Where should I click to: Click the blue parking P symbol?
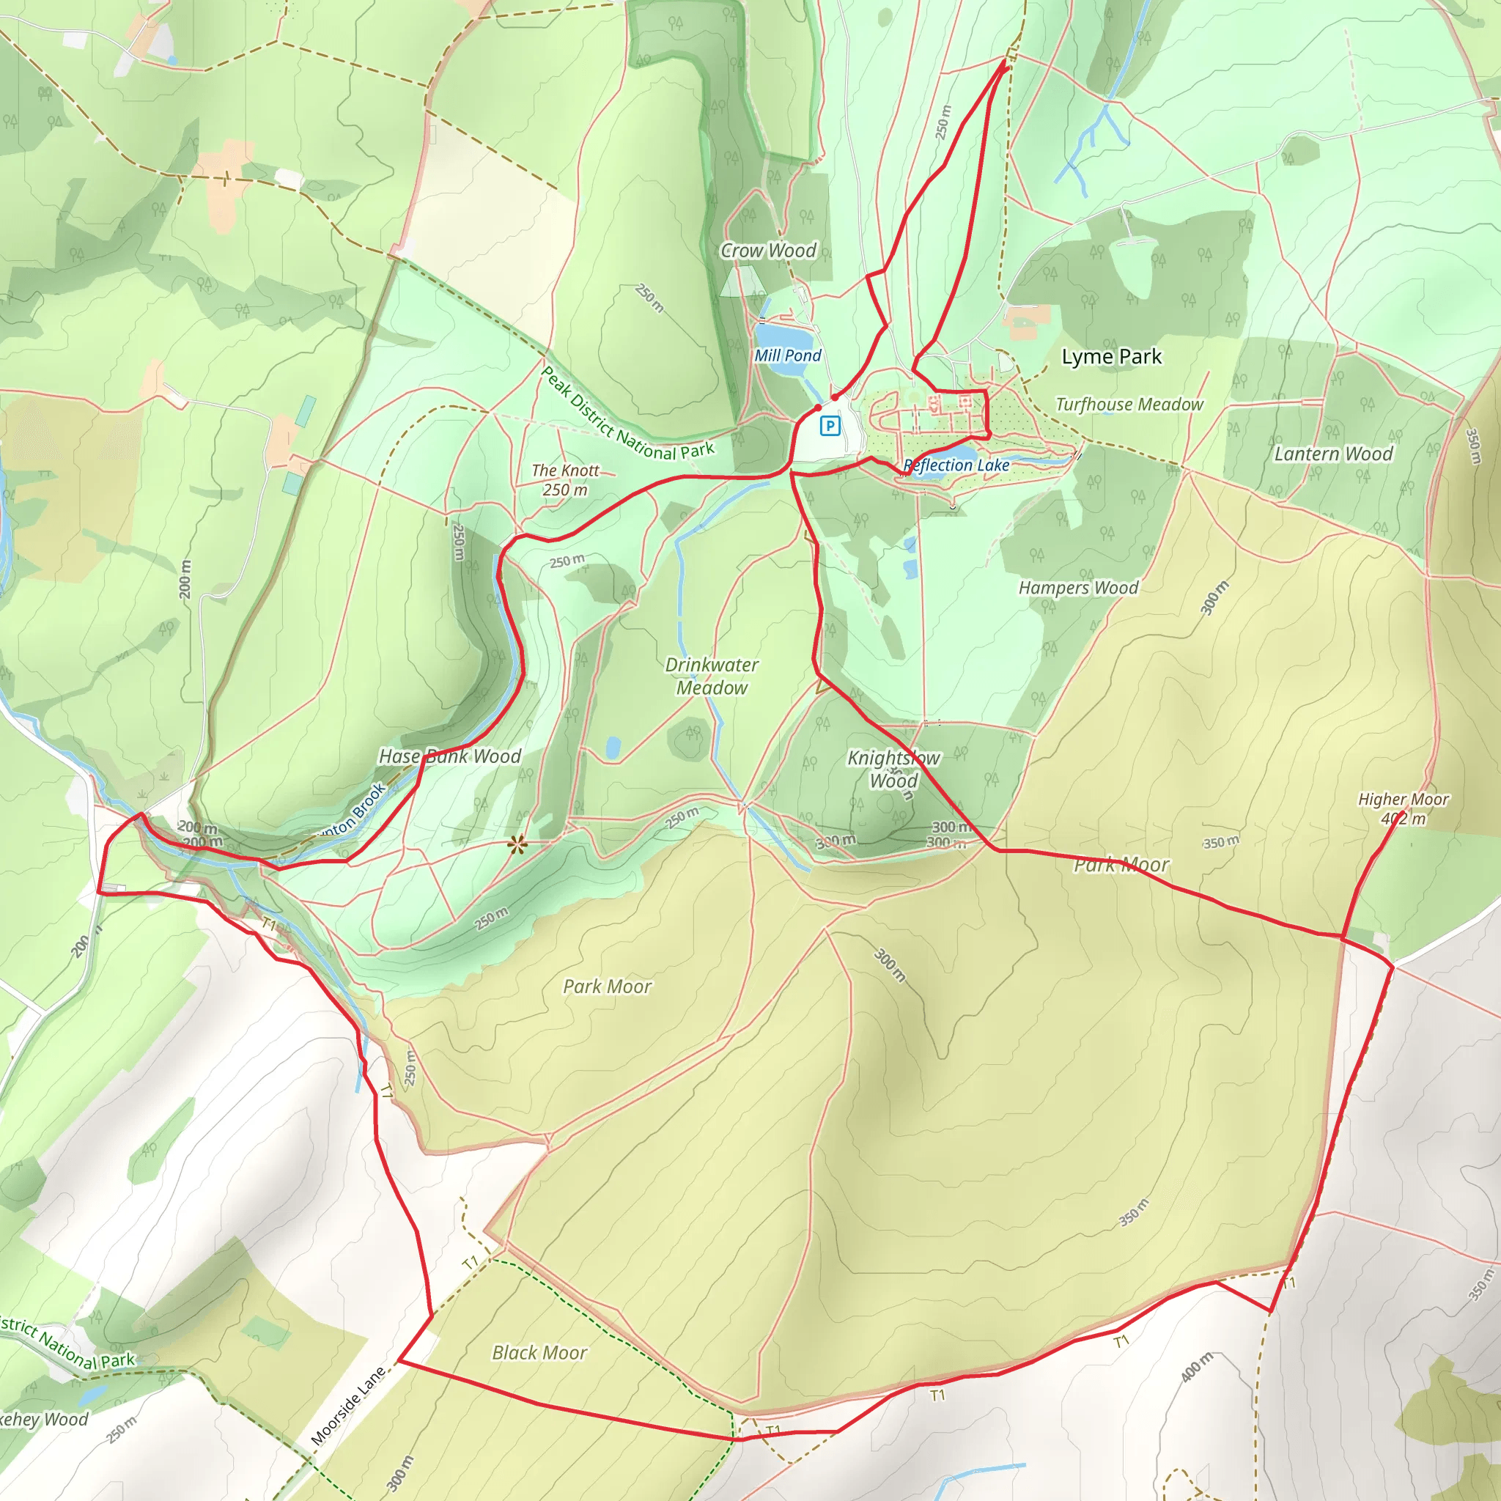point(830,425)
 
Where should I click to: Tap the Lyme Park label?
point(1111,357)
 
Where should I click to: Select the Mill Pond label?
point(787,355)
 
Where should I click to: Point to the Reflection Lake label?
point(956,465)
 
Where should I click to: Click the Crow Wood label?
point(768,250)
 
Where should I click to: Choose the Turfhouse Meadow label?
point(1129,404)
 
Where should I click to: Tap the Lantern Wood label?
point(1333,454)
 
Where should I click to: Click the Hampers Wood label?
point(1078,588)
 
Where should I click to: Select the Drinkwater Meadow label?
point(712,676)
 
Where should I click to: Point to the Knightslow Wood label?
point(893,768)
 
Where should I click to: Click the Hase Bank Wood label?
point(450,756)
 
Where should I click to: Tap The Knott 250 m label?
point(565,480)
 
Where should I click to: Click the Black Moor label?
point(539,1353)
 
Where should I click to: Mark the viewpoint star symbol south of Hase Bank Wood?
point(517,844)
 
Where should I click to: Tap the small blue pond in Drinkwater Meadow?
point(613,748)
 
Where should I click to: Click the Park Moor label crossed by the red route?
point(1121,865)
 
